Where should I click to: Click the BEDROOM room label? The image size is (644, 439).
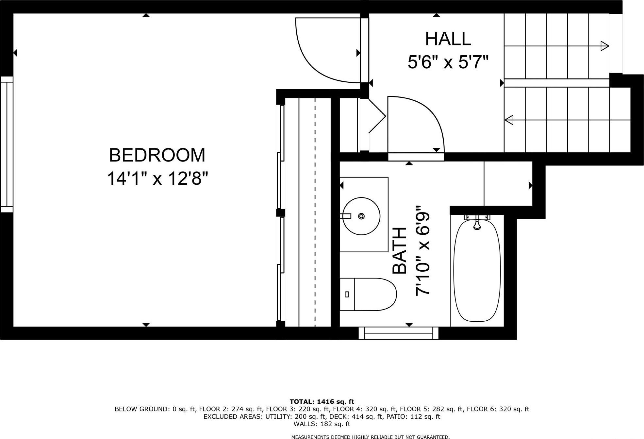(x=157, y=155)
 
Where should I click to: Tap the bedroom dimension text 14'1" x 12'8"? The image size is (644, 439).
(x=157, y=179)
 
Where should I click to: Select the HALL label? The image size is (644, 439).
(x=448, y=39)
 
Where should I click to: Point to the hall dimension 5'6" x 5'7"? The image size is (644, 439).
(x=448, y=62)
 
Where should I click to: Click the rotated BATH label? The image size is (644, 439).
(x=399, y=250)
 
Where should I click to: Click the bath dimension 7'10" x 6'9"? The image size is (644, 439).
(x=422, y=250)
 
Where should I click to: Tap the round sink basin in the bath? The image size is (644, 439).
(x=361, y=216)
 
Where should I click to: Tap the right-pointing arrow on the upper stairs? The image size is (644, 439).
(x=605, y=46)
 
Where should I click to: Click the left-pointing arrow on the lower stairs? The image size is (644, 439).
(x=509, y=120)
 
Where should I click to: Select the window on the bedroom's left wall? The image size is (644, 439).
(x=7, y=144)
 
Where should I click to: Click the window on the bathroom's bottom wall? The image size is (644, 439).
(x=398, y=333)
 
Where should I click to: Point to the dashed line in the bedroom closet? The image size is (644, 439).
(x=315, y=212)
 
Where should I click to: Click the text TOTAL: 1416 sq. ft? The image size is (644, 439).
(x=322, y=401)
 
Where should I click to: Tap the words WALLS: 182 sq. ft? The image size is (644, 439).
(x=322, y=424)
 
